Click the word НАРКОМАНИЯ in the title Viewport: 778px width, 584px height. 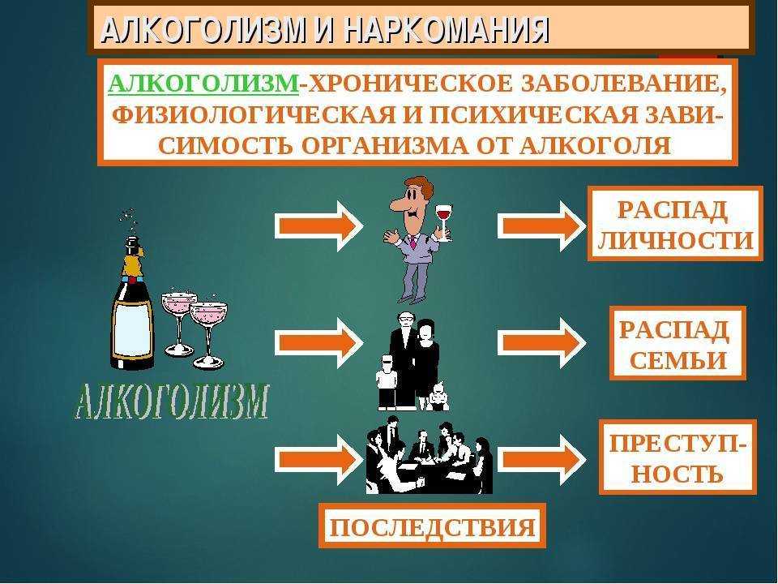447,30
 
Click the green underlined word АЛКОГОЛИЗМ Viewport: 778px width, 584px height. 203,84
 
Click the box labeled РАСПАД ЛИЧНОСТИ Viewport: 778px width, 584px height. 675,224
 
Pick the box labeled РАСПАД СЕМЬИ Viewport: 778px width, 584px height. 678,343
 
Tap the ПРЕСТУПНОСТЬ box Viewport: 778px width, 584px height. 678,457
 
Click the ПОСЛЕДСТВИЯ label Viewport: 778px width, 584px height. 432,526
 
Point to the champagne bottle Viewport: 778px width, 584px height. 131,303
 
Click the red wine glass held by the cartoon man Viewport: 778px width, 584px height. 444,222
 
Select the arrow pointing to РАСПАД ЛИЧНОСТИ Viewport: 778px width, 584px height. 541,226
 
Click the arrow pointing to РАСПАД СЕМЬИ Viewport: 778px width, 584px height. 541,342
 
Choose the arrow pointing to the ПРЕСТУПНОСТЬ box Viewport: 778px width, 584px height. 541,459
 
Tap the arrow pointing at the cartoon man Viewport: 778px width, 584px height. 318,226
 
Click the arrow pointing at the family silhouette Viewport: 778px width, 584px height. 318,342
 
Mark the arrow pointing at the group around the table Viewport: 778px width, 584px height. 318,459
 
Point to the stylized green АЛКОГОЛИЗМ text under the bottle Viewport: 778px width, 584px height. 172,401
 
